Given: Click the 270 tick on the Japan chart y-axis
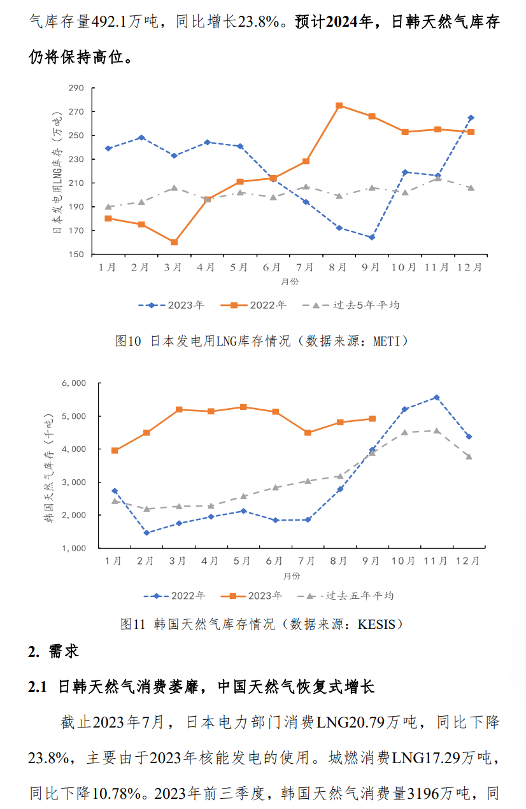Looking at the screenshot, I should (77, 112).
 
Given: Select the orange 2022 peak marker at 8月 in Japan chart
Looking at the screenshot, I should (339, 106).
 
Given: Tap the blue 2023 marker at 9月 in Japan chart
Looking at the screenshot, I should (372, 237).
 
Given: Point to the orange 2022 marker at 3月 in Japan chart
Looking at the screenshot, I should (174, 242).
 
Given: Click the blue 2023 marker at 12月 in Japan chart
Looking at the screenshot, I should (471, 118).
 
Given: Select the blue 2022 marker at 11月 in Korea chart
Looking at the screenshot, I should (436, 397).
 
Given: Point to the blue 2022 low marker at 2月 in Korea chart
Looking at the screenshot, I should (146, 533).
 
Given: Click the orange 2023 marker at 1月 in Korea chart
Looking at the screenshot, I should (115, 451).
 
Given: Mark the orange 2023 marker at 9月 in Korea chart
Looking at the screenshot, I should (372, 419).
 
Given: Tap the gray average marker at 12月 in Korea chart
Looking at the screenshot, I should (469, 456).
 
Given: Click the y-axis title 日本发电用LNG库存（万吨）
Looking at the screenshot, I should (58, 172).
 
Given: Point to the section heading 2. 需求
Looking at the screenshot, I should (53, 652).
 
